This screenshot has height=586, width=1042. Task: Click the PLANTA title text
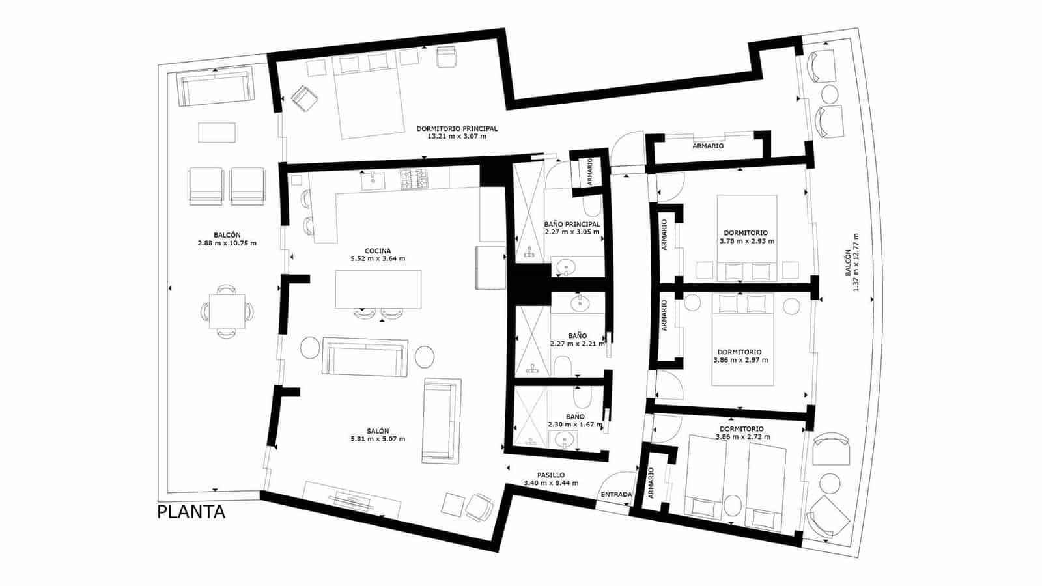point(191,512)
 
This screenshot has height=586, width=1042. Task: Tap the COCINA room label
point(378,251)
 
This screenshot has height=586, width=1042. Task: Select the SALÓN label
point(378,431)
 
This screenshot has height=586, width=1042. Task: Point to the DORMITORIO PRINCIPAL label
point(457,129)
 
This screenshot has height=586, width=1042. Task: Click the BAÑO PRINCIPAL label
point(572,224)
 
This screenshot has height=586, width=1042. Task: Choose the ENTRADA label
point(616,495)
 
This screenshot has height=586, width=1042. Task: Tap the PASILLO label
point(551,475)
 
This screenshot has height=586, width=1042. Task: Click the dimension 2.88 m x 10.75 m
point(227,244)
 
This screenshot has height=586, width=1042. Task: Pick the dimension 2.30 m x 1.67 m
point(575,425)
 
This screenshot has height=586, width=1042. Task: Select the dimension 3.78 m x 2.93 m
point(746,241)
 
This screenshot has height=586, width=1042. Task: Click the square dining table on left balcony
point(227,311)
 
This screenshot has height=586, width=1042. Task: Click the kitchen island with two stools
point(378,289)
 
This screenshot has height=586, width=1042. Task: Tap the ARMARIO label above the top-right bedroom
point(708,146)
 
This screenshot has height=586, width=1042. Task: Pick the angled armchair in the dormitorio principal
point(304,99)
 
